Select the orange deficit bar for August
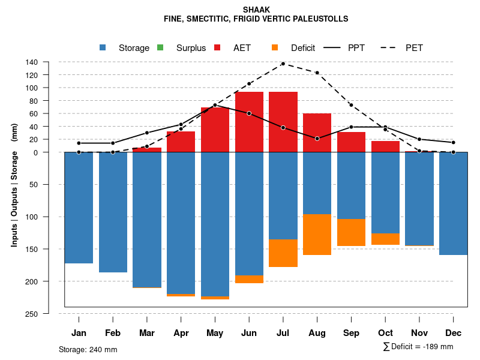[x=317, y=235]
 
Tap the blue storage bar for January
[x=79, y=208]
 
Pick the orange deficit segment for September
[x=352, y=232]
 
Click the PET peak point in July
[x=283, y=64]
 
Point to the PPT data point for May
[x=215, y=105]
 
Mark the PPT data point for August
[x=317, y=139]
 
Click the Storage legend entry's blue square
[x=103, y=48]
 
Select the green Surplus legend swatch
[x=160, y=48]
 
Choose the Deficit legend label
[x=303, y=48]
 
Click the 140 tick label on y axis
[x=32, y=62]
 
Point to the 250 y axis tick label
[x=32, y=314]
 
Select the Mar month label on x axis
[x=147, y=333]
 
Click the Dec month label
[x=454, y=333]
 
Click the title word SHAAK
[x=256, y=10]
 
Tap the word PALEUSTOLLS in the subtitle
[x=319, y=19]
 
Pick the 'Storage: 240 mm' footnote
[x=88, y=349]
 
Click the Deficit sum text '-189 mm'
[x=440, y=347]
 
